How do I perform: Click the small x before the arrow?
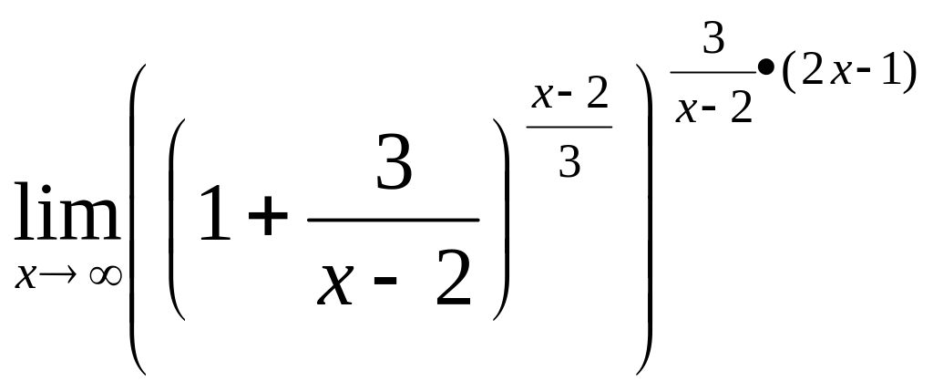coord(26,276)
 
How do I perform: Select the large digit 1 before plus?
coord(216,212)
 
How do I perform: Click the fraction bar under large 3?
coord(393,220)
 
